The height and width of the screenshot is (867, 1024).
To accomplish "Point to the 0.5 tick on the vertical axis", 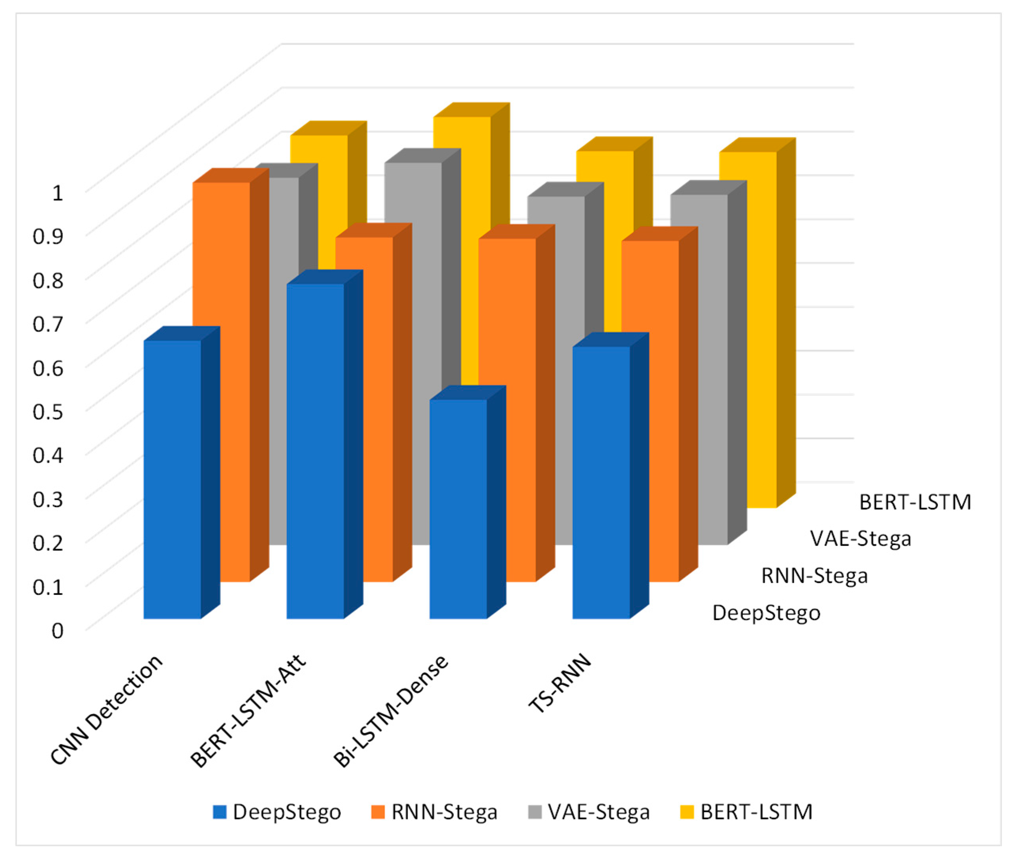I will [48, 411].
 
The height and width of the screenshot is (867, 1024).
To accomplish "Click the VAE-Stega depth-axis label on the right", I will [861, 539].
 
